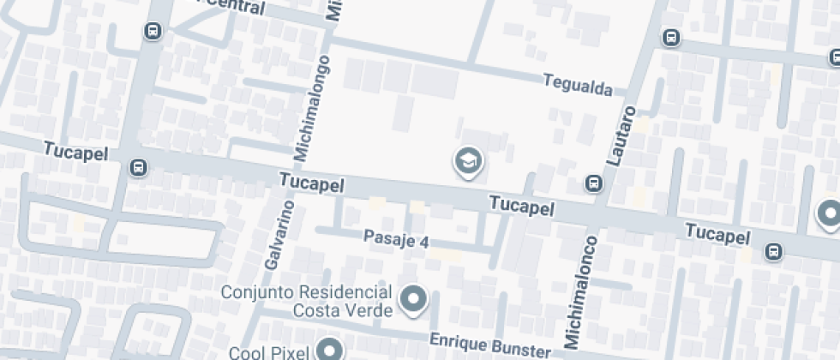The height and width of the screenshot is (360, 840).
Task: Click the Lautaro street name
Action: pos(621,135)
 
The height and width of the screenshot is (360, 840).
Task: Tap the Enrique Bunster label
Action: pos(489,345)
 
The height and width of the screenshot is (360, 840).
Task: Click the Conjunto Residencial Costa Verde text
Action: pos(306,300)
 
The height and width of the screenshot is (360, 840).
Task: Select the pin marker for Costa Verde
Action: pos(415,298)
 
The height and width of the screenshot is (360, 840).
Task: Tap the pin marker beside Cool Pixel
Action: pos(329,349)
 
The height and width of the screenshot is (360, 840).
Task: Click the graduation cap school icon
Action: pos(468,160)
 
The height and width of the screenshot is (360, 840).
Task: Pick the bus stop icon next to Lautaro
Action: pos(592,183)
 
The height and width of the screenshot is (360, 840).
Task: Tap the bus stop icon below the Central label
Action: pos(153,32)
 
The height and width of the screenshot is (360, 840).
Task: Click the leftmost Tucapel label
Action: pos(75,152)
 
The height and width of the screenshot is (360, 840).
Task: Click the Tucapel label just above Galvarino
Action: pos(312,183)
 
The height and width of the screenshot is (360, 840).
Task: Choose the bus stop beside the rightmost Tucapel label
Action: pos(773,251)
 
